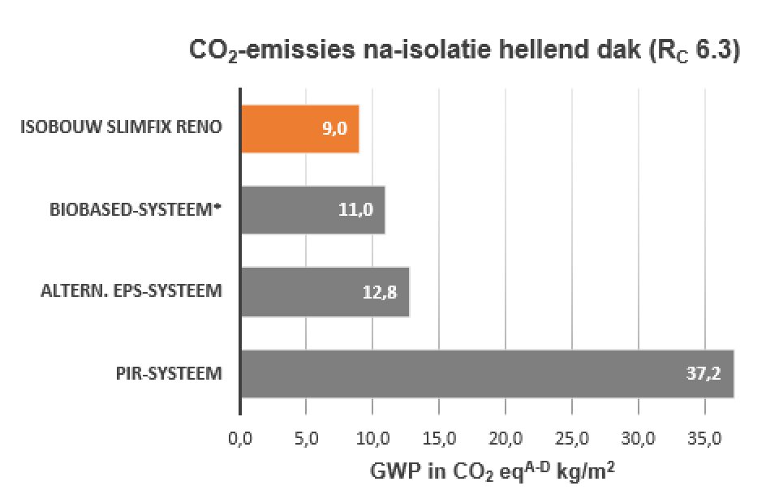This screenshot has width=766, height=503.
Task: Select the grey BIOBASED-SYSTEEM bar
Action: point(312,210)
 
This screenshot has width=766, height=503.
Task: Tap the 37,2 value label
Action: point(704,374)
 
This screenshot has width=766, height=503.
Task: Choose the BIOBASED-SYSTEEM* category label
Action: point(136,209)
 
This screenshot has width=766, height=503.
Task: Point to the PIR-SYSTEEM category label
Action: point(169,373)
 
